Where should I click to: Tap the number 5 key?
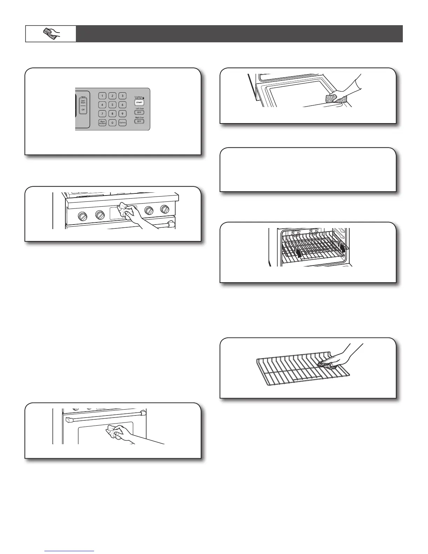(112, 105)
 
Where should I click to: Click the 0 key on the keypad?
(112, 123)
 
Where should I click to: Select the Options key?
(122, 123)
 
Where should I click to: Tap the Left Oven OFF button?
(139, 113)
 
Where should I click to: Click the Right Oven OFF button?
(139, 121)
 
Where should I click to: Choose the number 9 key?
(122, 114)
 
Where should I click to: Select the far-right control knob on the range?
(165, 209)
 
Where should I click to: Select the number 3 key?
(122, 95)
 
